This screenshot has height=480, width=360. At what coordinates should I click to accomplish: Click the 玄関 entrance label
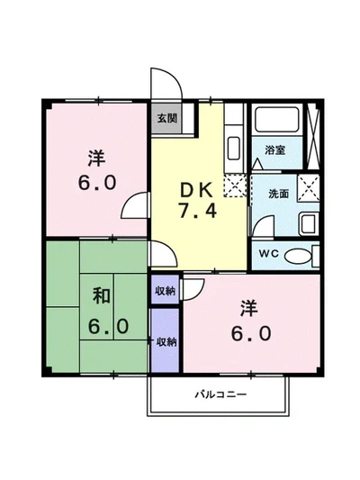165,118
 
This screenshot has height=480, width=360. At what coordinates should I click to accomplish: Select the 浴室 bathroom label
274,151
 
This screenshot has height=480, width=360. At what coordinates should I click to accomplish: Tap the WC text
269,254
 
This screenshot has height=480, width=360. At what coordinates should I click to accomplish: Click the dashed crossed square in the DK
232,186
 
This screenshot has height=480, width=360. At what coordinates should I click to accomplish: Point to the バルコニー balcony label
220,394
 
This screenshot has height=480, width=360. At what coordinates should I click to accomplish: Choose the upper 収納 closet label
165,290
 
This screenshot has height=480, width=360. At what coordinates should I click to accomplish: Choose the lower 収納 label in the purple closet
166,341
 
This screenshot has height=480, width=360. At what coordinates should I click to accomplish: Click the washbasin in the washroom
306,223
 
